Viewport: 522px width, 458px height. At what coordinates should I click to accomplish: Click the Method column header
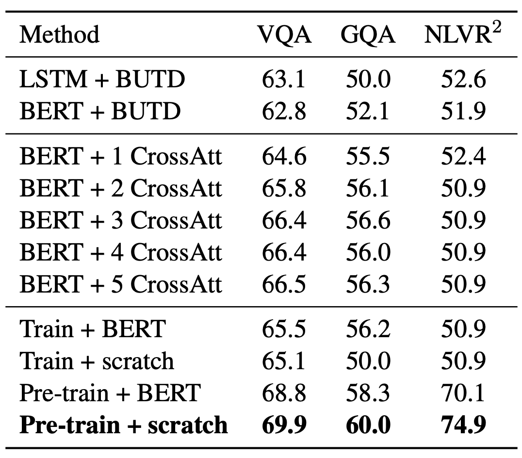[59, 35]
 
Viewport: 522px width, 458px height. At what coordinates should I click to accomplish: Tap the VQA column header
[284, 35]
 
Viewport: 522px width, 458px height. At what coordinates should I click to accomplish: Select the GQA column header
[368, 35]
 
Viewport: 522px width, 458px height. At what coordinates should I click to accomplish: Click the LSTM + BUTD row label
[102, 80]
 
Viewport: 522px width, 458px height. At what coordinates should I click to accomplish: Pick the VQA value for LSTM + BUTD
[284, 80]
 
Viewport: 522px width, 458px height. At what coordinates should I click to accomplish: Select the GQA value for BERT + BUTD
[368, 112]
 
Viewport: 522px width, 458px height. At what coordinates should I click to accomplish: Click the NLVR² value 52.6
[463, 80]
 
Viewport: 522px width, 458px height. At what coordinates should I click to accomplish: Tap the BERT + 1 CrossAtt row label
[120, 157]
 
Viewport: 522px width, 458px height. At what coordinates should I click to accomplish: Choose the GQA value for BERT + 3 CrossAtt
[368, 220]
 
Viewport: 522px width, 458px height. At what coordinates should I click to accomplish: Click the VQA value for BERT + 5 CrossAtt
[284, 284]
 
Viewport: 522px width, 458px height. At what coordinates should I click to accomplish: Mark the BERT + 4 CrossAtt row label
[120, 252]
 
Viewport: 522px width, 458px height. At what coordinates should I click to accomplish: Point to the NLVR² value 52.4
[463, 157]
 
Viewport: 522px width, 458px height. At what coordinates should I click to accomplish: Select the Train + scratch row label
[97, 361]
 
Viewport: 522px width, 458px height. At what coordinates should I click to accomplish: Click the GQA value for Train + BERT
[368, 329]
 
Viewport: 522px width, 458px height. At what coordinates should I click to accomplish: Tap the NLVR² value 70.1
[463, 393]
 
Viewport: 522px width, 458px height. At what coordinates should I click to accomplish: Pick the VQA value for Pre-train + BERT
[284, 393]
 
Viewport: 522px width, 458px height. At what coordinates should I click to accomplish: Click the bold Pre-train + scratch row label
[123, 425]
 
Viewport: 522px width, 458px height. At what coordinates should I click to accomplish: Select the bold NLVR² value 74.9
[463, 425]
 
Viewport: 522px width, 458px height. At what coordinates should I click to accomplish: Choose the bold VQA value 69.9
[284, 425]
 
